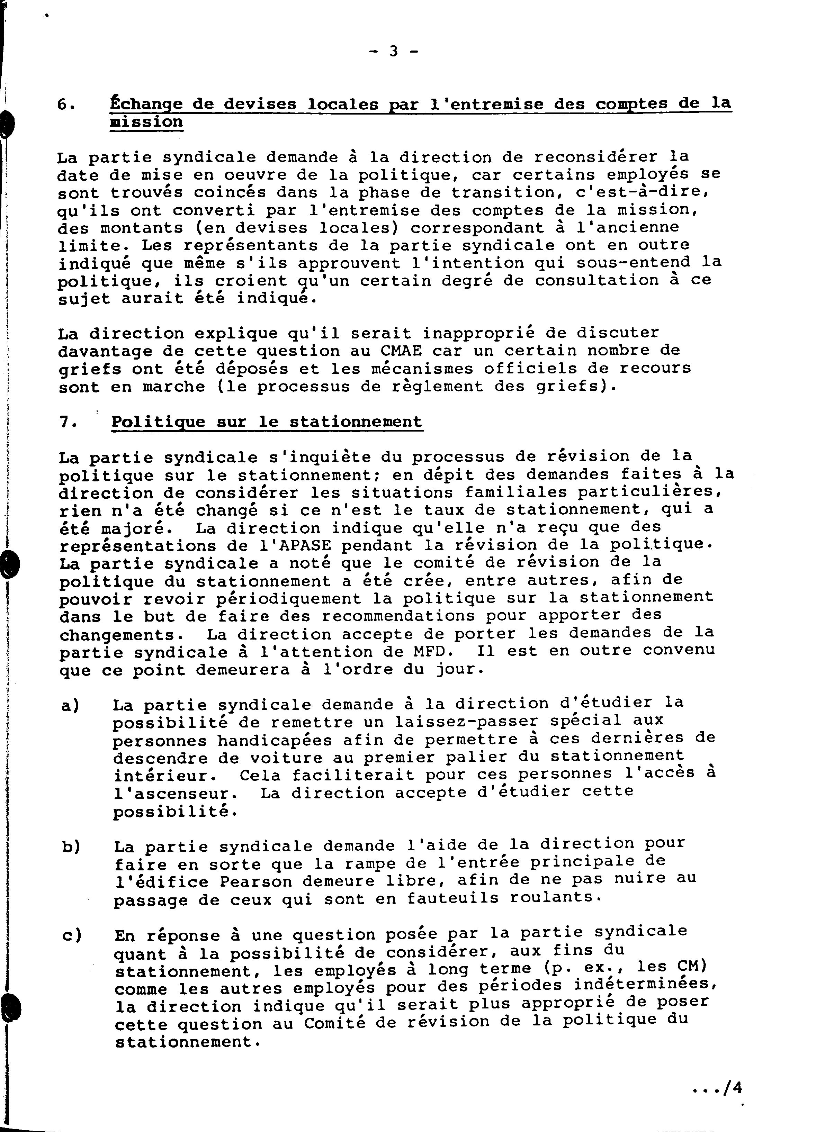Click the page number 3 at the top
(394, 51)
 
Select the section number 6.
(66, 105)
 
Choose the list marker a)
(71, 705)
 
